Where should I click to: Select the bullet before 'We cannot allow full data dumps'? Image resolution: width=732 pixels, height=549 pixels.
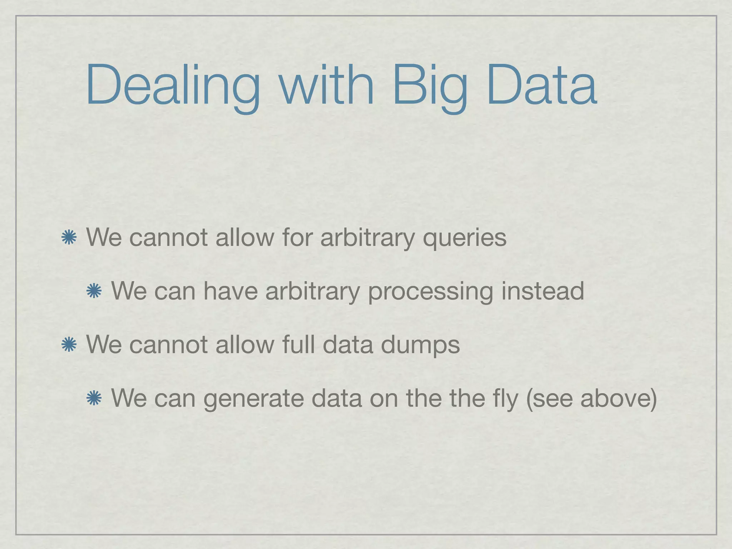tap(69, 345)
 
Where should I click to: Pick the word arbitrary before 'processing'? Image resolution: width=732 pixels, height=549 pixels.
tap(312, 292)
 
